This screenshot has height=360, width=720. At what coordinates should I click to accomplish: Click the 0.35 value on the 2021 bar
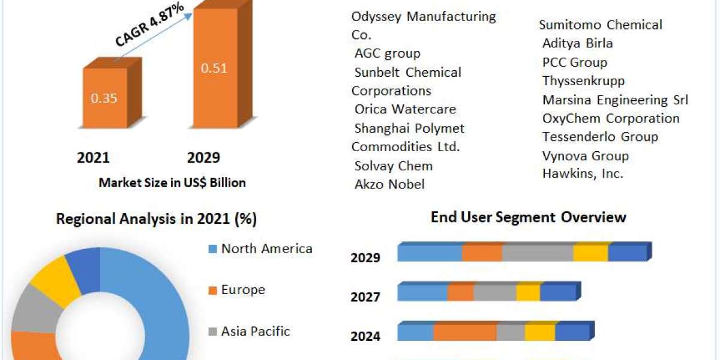point(104,98)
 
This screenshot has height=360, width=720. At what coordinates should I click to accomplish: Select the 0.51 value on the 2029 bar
point(214,68)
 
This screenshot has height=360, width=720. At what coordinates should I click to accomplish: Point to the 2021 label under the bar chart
point(93,158)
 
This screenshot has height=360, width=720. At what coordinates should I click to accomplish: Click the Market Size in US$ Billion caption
point(172,183)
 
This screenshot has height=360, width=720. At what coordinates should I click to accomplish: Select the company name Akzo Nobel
point(389,184)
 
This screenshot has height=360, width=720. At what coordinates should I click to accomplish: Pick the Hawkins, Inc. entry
point(583,174)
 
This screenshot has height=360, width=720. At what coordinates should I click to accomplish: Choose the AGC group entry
point(387,53)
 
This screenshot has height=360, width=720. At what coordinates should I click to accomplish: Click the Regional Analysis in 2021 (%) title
point(156,220)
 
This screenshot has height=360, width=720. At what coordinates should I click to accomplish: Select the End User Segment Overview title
point(528,217)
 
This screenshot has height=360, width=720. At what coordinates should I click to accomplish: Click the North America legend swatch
point(212,249)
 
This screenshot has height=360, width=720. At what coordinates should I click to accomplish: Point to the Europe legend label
point(243,290)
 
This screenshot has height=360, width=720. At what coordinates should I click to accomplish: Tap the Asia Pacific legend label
point(256,331)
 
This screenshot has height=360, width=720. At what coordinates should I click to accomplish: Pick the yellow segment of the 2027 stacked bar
point(528,293)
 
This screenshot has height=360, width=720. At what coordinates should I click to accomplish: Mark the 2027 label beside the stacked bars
point(365,296)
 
